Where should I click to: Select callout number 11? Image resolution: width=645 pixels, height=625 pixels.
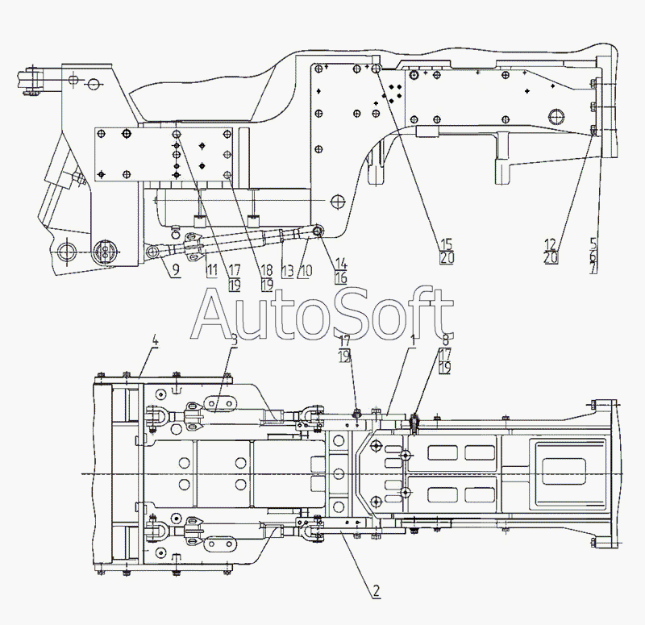pos(211,270)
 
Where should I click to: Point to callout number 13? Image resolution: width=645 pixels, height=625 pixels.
pos(287,270)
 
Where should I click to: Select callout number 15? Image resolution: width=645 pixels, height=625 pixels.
pos(446,244)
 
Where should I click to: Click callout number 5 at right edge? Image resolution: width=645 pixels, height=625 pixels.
pos(593,241)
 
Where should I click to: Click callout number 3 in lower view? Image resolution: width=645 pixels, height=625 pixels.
pos(233,343)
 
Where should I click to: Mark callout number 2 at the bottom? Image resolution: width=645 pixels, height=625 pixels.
pos(375,590)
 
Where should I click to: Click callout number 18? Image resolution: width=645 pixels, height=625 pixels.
pos(267,270)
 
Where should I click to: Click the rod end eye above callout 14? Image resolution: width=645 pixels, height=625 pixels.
pos(318,232)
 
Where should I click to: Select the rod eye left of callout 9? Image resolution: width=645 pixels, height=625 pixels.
pos(152,252)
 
